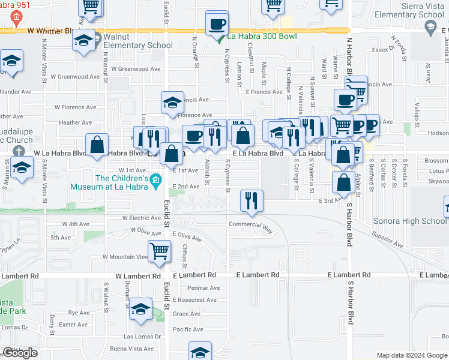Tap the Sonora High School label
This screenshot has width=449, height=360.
tap(410, 221)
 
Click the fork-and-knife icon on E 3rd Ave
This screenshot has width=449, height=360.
tap(252, 201)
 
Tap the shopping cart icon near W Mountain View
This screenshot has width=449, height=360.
tap(159, 251)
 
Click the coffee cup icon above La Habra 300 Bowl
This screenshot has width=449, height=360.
tap(217, 25)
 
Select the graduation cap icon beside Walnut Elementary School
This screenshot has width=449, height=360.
tap(84, 41)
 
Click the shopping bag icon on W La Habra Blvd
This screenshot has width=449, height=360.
tap(97, 145)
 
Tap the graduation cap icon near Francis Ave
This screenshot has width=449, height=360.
tap(172, 102)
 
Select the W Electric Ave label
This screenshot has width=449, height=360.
tap(142, 218)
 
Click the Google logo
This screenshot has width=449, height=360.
tap(20, 353)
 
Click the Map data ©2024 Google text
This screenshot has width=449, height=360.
tap(411, 355)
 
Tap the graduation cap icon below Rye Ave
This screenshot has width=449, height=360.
tap(140, 310)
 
